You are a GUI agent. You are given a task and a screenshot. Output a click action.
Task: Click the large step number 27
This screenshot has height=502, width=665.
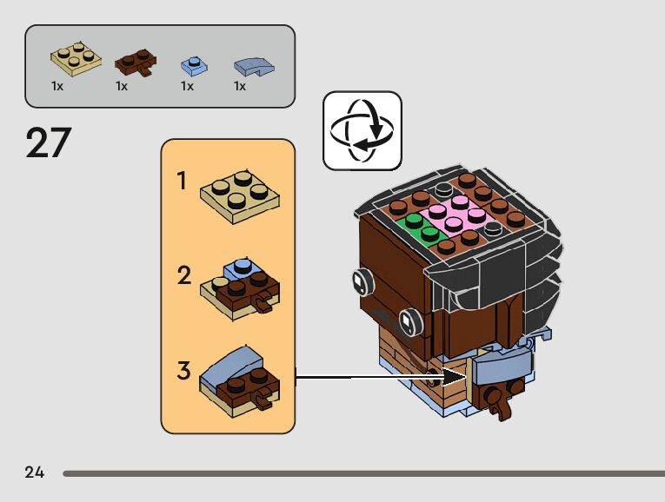pos(48,142)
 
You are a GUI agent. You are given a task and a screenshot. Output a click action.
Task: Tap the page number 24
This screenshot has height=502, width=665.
pos(35,472)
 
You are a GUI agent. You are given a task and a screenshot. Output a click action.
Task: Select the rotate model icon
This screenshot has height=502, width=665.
pos(362,130)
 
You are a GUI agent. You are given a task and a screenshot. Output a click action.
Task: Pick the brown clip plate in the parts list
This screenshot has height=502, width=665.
pos(136,63)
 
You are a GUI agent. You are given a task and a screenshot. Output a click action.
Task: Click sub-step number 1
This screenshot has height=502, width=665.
pos(183,182)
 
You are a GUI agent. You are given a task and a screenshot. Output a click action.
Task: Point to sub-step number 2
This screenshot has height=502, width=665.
pos(183,276)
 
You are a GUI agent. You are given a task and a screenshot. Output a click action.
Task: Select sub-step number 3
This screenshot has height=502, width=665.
pos(183,371)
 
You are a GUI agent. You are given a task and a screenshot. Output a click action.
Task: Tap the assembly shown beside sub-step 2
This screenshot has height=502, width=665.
pos(243,287)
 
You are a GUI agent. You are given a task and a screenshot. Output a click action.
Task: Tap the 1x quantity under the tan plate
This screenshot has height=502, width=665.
pos(58,86)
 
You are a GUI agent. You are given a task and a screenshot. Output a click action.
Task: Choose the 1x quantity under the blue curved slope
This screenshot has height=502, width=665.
pos(240,86)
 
